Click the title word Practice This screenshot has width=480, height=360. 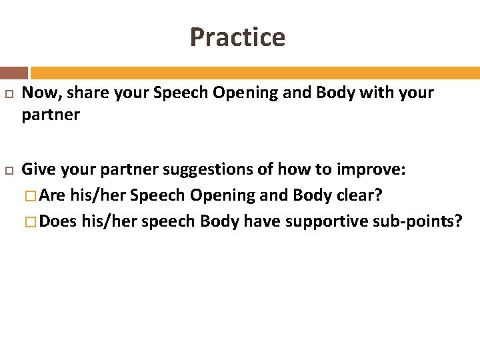(x=237, y=37)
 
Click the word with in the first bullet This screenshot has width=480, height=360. (x=377, y=93)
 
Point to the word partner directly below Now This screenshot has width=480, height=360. (x=51, y=115)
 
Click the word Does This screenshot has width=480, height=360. (x=58, y=221)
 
